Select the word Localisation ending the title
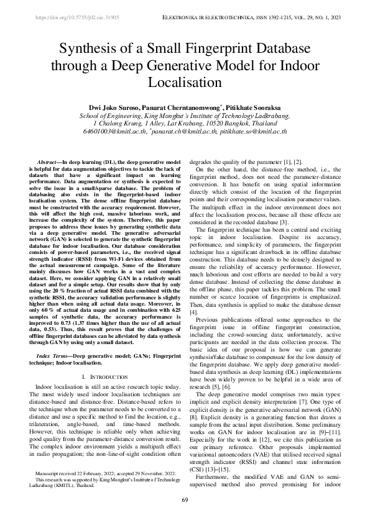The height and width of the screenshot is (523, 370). tap(185, 81)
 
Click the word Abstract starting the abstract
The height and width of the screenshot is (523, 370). tap(50, 161)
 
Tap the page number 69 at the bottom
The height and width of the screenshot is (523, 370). tap(185, 501)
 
